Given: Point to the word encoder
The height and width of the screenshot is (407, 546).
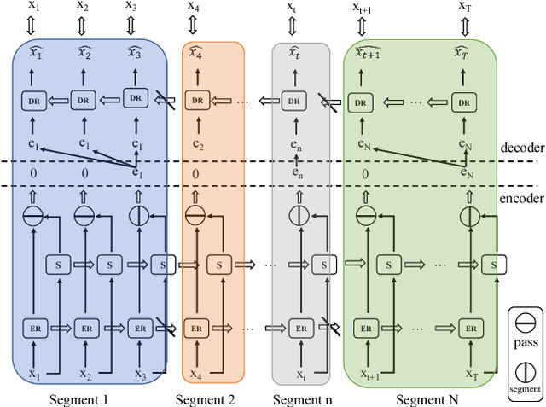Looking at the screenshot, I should pyautogui.click(x=520, y=197).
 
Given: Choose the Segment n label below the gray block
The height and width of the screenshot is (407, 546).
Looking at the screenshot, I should pyautogui.click(x=301, y=398).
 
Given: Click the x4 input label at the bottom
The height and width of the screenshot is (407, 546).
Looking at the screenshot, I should pyautogui.click(x=196, y=374).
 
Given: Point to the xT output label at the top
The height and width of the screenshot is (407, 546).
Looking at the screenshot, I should pyautogui.click(x=465, y=7).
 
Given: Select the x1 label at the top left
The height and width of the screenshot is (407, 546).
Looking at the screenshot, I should pyautogui.click(x=34, y=7).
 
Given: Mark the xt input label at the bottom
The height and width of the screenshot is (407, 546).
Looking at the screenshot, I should pyautogui.click(x=299, y=374).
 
